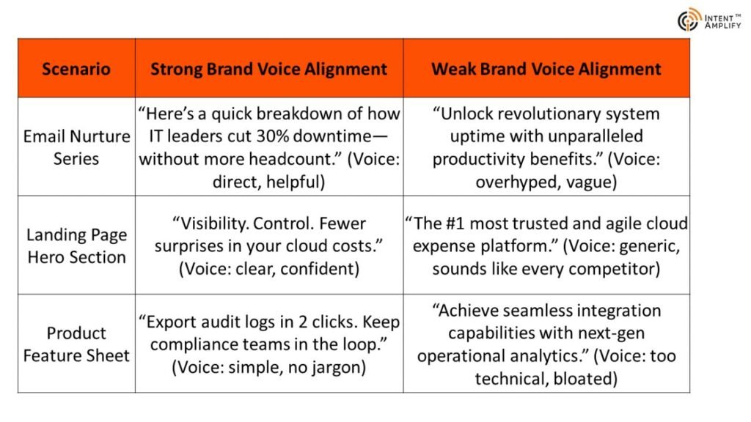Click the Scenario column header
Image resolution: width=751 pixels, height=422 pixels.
76,69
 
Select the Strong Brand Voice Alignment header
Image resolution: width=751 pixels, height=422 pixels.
268,69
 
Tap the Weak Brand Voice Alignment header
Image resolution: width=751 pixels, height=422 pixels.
546,69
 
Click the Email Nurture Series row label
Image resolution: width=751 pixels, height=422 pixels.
76,147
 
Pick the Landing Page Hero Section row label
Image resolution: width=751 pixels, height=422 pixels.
76,246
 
